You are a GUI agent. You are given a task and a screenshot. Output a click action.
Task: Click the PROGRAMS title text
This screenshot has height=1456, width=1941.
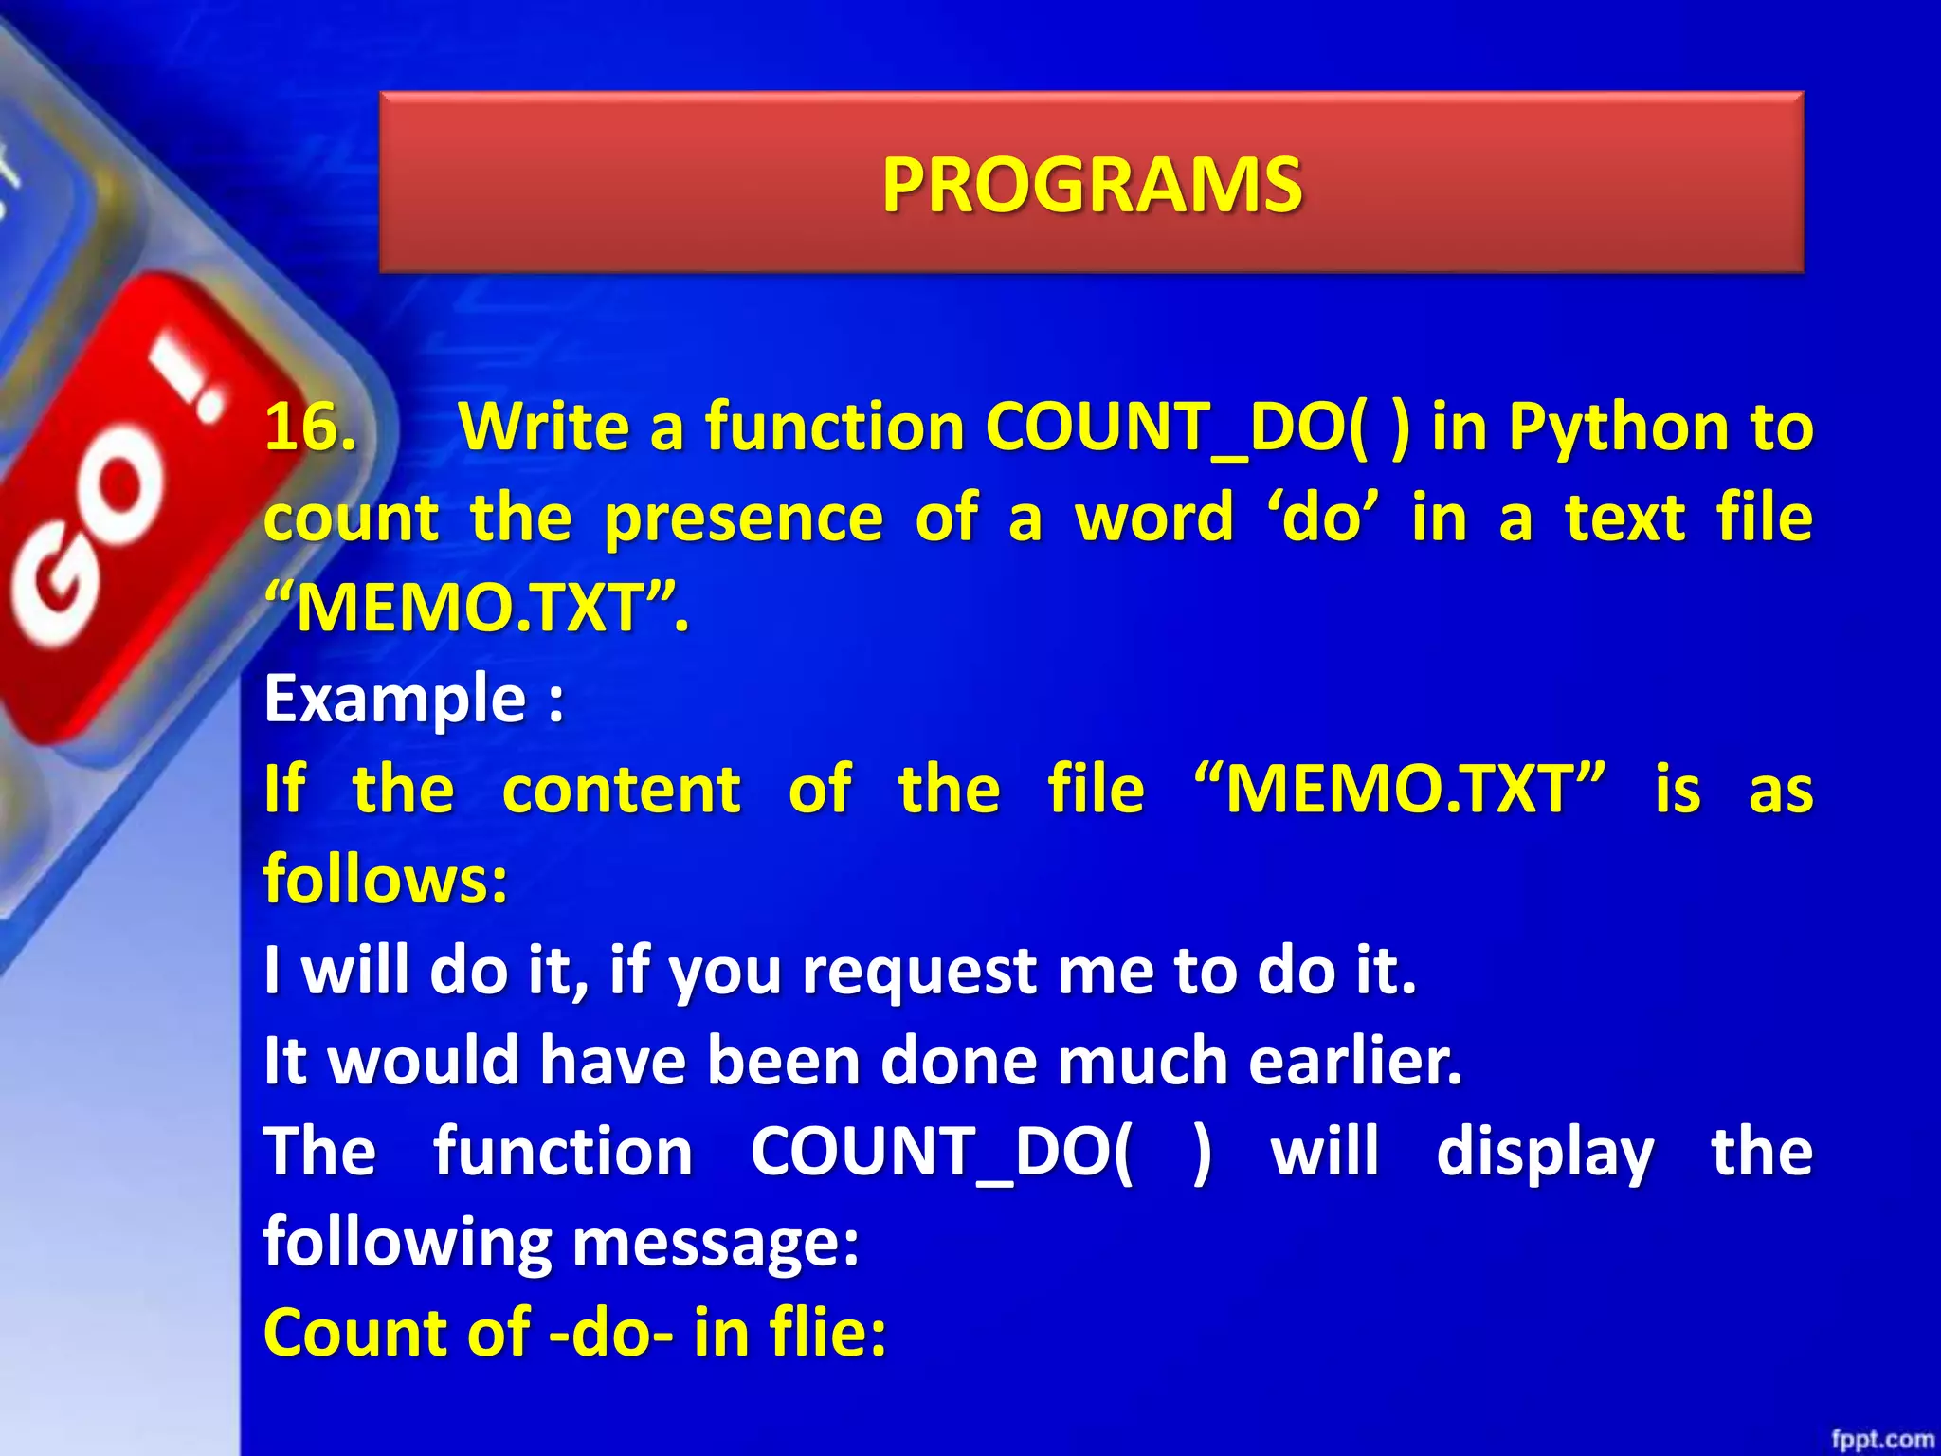tap(1092, 184)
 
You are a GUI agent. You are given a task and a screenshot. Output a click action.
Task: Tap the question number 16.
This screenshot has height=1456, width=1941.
tap(310, 427)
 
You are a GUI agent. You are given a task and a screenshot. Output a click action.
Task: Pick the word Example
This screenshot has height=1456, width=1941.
tap(394, 699)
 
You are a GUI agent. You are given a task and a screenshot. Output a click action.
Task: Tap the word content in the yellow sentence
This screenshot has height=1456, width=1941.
tap(621, 789)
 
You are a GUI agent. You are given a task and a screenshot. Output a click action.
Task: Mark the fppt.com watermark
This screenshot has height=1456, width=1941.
tap(1881, 1439)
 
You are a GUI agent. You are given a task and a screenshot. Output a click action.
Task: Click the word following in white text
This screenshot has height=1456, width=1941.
tap(408, 1242)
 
